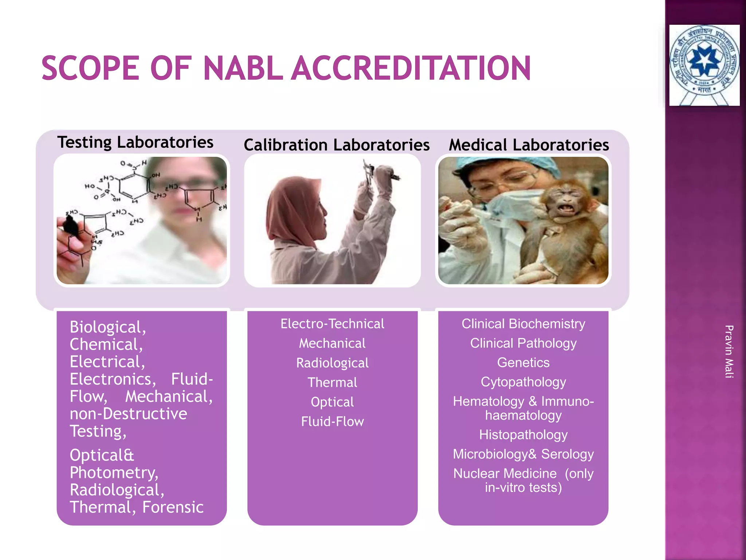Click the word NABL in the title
243,68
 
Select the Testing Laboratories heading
135,142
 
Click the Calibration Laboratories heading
337,145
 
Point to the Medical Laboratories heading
529,145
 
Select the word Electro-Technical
332,324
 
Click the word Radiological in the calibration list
332,363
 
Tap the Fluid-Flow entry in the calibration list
332,422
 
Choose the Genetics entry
523,363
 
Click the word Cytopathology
523,382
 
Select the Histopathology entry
523,435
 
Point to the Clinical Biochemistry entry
523,324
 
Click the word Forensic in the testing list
173,507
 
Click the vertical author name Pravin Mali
729,351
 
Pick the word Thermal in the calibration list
332,383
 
